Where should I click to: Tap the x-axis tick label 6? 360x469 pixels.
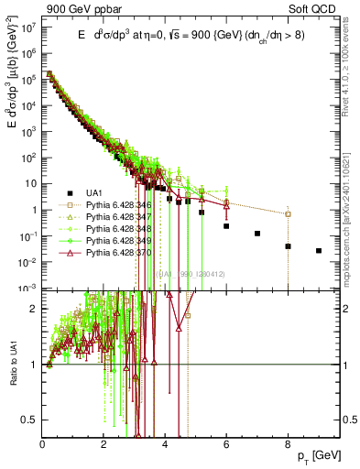[226, 446]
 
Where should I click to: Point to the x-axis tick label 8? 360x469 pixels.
[288, 446]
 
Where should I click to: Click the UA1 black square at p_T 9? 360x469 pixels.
[319, 250]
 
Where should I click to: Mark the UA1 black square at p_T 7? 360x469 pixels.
[257, 234]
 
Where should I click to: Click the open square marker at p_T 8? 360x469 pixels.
[288, 214]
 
